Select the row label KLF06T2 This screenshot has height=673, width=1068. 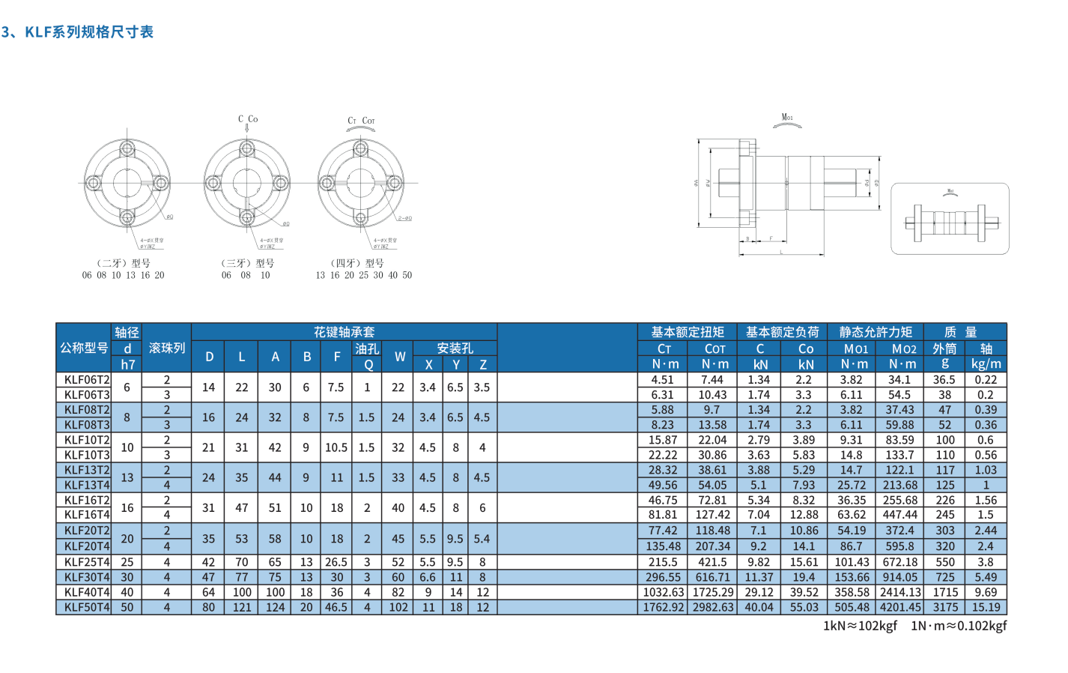tap(87, 380)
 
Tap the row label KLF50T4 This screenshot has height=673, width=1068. tap(87, 608)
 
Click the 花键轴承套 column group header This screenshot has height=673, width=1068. tap(344, 332)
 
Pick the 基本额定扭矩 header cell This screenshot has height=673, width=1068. tap(687, 332)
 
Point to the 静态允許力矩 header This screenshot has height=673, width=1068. tap(875, 332)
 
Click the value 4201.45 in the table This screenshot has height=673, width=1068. tap(900, 608)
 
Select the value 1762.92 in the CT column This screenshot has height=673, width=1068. tap(664, 608)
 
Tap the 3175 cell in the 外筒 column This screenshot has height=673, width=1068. tap(945, 608)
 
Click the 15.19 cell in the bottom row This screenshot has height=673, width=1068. tap(986, 608)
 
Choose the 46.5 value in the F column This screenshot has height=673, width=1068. tap(336, 608)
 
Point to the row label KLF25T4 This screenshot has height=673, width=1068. tap(87, 562)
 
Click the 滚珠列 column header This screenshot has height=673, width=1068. tap(166, 348)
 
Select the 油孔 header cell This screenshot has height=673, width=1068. tap(367, 348)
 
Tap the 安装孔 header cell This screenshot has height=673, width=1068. tap(455, 348)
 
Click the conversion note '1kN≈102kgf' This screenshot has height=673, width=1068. tap(860, 626)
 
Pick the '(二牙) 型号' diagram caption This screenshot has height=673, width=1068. tap(124, 263)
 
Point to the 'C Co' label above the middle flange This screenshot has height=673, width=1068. tap(248, 119)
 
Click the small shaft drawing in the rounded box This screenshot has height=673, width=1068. tap(950, 220)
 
